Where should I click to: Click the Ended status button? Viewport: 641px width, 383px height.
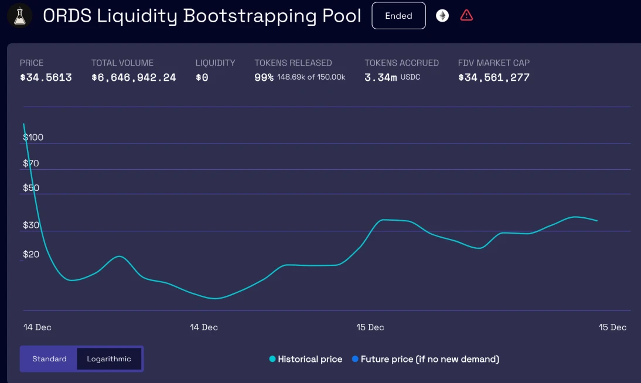click(398, 16)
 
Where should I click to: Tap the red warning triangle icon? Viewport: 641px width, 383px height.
click(466, 15)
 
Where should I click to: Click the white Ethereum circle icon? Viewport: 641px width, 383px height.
click(442, 16)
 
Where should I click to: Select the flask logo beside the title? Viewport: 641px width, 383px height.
click(19, 15)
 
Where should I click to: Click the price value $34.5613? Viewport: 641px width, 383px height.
click(46, 77)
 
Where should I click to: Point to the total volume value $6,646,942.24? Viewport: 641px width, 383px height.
click(134, 77)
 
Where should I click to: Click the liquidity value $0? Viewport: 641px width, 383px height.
click(202, 77)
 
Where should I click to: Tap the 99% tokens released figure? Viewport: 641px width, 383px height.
click(264, 77)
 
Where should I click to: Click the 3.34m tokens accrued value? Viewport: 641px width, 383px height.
click(380, 77)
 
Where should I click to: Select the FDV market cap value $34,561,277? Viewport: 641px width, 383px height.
click(493, 77)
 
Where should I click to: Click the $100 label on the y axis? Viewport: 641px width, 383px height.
click(33, 137)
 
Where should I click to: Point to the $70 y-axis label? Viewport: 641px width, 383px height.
click(31, 163)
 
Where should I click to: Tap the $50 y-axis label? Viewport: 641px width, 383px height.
click(31, 188)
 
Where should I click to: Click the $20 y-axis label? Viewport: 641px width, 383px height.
click(31, 254)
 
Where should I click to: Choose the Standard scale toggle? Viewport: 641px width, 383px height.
click(49, 358)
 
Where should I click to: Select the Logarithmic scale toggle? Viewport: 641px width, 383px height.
click(109, 358)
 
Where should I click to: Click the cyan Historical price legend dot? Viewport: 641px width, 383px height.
click(272, 359)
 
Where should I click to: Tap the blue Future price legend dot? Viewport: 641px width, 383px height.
click(355, 359)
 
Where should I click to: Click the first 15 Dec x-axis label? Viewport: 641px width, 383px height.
click(370, 327)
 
